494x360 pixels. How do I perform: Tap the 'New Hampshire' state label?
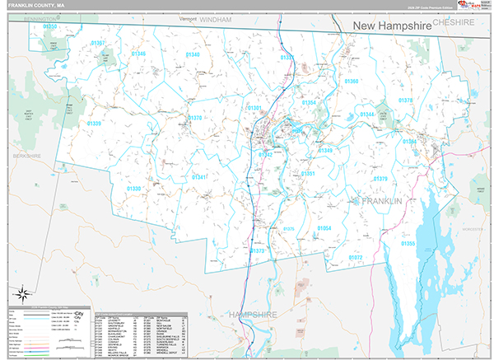[392, 26]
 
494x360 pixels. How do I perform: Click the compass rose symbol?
[22, 292]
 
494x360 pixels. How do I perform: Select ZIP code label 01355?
[408, 244]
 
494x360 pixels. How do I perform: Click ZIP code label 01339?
[94, 124]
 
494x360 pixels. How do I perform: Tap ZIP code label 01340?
[193, 54]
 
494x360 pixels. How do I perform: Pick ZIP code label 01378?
[405, 101]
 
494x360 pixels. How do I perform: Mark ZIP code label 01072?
[355, 258]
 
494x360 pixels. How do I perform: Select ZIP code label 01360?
[352, 82]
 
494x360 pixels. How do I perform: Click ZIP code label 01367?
[98, 43]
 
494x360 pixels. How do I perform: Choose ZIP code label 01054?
[324, 227]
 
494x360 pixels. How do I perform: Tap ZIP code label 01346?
[138, 54]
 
